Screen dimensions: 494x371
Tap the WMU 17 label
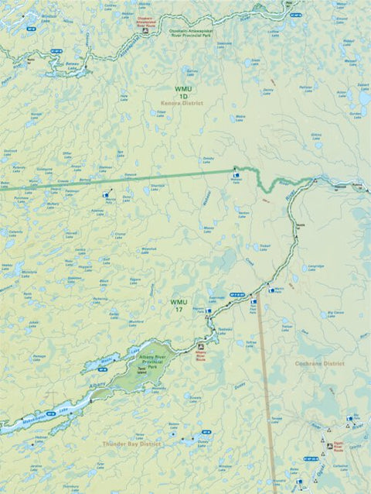(179, 305)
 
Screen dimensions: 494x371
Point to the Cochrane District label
(318, 363)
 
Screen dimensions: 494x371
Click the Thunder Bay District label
(131, 444)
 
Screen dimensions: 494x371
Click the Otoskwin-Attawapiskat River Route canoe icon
(145, 31)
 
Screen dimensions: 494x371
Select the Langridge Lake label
(317, 267)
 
